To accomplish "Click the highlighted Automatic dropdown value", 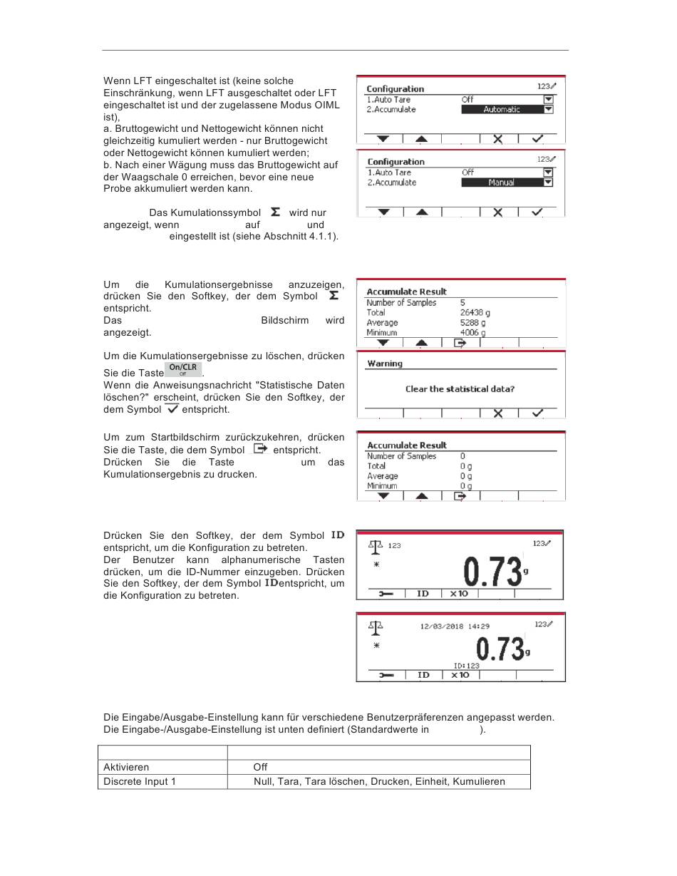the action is click(x=502, y=109).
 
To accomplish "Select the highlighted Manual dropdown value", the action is click(x=502, y=182).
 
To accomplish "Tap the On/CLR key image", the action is click(x=183, y=369).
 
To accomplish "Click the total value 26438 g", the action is click(x=475, y=312).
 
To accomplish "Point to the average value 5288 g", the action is click(x=472, y=322).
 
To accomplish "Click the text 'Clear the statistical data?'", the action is click(x=460, y=389).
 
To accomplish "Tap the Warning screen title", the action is click(x=385, y=364).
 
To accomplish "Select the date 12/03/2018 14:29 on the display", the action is click(x=455, y=626).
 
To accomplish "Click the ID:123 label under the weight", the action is click(x=466, y=666).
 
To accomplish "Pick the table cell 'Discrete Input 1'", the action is click(x=140, y=781).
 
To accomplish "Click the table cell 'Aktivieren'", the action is click(x=126, y=767).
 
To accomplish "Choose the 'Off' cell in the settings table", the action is click(x=260, y=767).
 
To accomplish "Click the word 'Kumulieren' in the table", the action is click(x=479, y=781).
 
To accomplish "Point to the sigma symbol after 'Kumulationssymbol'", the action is click(x=275, y=212).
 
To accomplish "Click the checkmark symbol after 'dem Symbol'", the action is click(x=172, y=408).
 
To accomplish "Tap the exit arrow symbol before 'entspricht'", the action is click(x=260, y=448).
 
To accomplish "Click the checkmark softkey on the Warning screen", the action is click(x=537, y=413).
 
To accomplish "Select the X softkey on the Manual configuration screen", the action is click(x=498, y=212).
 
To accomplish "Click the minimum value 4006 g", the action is click(x=472, y=333).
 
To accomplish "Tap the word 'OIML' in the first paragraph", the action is click(x=327, y=105).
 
